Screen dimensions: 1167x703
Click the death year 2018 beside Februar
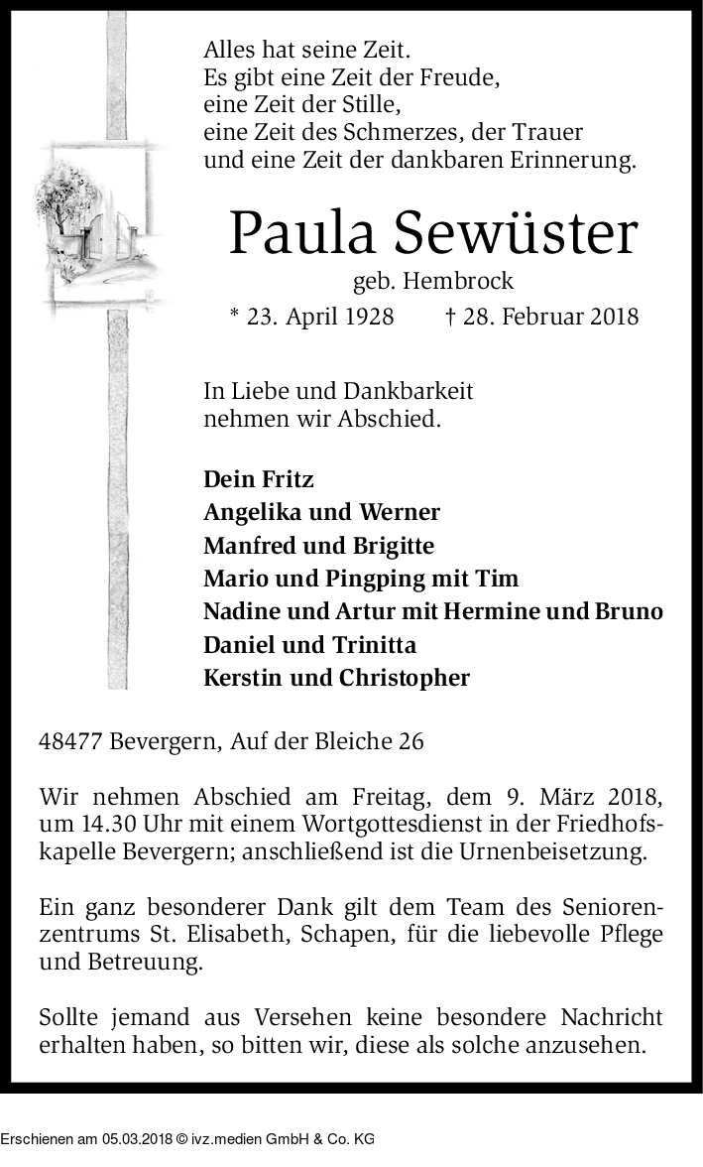[612, 317]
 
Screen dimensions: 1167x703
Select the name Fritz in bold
[288, 479]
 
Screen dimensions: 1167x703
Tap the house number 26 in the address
[411, 740]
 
